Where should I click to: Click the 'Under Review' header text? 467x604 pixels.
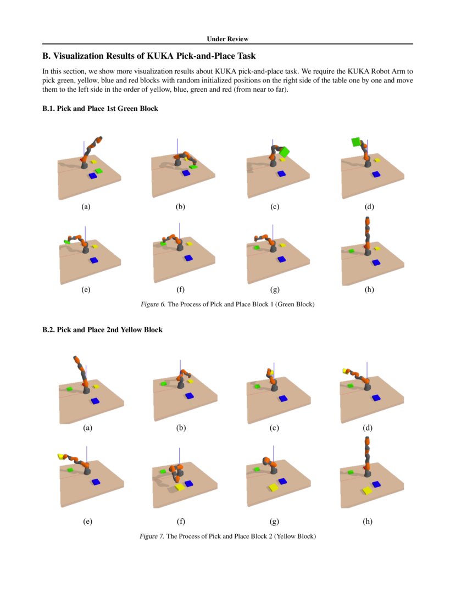point(227,39)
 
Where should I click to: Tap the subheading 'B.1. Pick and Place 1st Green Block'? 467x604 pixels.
point(101,109)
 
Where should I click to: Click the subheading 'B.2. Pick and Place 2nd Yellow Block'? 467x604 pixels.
point(102,330)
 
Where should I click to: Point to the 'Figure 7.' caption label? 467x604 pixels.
point(152,536)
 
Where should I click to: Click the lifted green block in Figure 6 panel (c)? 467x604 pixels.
point(284,151)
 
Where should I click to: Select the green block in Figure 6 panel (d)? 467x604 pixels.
point(356,142)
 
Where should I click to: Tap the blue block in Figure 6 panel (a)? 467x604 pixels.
point(92,176)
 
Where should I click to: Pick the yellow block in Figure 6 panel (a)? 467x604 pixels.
point(93,161)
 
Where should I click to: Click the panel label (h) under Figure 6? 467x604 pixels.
point(369,289)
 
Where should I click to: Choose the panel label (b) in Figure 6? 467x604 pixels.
point(180,207)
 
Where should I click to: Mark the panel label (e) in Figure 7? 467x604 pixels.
point(87,522)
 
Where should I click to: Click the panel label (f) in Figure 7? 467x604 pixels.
point(181,522)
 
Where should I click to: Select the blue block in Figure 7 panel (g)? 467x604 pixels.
point(282,481)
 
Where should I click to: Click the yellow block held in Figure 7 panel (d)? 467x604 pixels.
point(346,371)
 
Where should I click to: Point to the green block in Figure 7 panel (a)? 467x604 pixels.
point(70,388)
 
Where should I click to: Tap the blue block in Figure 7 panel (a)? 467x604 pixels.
point(95,401)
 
